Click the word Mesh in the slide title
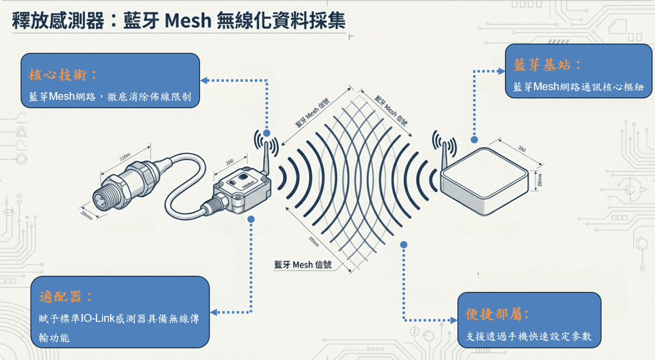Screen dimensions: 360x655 point(188,22)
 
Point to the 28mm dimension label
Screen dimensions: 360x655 point(539,179)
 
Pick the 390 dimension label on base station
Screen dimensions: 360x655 point(521,148)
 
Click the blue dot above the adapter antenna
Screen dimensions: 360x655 point(266,133)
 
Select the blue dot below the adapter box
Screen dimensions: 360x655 point(252,219)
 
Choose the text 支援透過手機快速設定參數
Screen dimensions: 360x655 point(529,337)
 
